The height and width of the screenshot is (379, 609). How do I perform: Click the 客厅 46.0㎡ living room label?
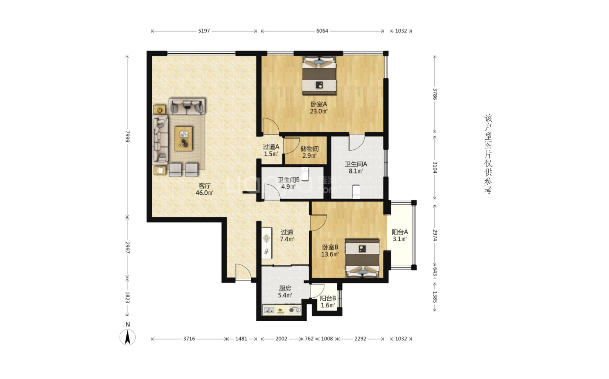(205, 189)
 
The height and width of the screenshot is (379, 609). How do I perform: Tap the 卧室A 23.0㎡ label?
(319, 108)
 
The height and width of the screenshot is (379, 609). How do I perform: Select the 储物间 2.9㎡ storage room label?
(309, 152)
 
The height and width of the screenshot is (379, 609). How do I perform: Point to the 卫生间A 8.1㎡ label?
(356, 168)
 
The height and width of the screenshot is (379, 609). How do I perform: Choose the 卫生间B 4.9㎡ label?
(288, 183)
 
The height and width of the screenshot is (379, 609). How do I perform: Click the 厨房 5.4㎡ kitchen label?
(285, 292)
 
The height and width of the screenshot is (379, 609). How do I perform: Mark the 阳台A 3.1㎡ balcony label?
(400, 235)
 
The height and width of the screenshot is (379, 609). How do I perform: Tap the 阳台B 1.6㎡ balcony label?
(328, 302)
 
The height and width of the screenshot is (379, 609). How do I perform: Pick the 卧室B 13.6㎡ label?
(330, 251)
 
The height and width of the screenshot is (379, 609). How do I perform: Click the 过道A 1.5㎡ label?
(271, 150)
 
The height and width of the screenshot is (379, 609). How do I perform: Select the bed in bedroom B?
(363, 258)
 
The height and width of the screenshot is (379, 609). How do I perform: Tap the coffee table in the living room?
(184, 139)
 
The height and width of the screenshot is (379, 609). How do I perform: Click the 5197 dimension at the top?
(204, 31)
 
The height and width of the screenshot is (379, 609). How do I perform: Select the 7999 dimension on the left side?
(127, 137)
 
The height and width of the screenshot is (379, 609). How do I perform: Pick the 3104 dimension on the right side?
(435, 168)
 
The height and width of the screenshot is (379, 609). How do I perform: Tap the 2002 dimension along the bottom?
(281, 339)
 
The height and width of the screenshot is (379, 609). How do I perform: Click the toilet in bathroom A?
(356, 192)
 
